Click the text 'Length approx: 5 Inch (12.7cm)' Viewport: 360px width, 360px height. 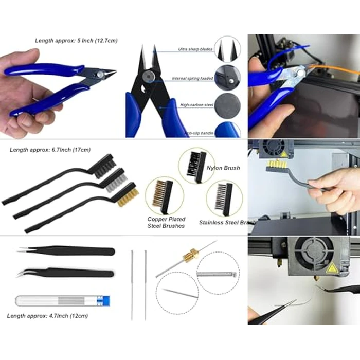[x=76, y=40]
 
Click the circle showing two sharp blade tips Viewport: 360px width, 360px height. [x=227, y=49]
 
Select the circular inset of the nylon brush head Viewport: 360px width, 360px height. [x=196, y=166]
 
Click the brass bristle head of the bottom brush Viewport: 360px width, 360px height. [x=127, y=196]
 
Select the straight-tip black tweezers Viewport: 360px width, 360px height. [x=67, y=251]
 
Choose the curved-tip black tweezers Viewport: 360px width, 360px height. [x=67, y=273]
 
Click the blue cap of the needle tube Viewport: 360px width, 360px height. [x=106, y=300]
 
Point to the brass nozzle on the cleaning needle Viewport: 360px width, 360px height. [x=190, y=254]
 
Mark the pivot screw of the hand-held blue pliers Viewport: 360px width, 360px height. [x=99, y=75]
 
